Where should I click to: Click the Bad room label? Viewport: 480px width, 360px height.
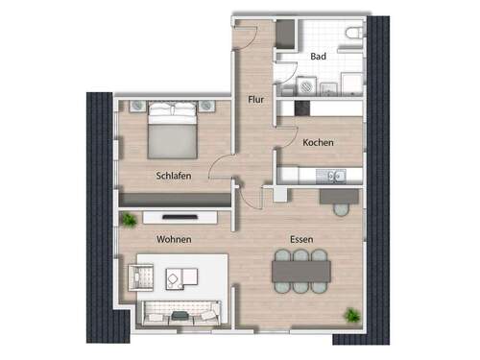coord(319,58)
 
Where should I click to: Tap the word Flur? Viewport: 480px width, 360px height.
coord(255,99)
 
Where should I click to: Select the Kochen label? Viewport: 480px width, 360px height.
coord(318,143)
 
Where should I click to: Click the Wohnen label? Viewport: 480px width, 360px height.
coord(175,239)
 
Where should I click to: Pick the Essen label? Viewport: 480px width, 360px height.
coord(305,239)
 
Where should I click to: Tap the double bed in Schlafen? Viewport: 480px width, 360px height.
coord(173,132)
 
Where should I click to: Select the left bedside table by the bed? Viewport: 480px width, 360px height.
coord(136,105)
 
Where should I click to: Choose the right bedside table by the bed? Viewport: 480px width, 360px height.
coord(210,105)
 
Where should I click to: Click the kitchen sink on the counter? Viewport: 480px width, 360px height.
coord(335,176)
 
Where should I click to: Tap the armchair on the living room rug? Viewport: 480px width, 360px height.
coord(144,279)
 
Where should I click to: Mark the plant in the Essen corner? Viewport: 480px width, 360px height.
coord(352,315)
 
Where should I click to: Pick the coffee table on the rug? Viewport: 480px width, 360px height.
coord(175,279)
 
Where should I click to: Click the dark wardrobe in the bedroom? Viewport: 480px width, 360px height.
coord(173,199)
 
